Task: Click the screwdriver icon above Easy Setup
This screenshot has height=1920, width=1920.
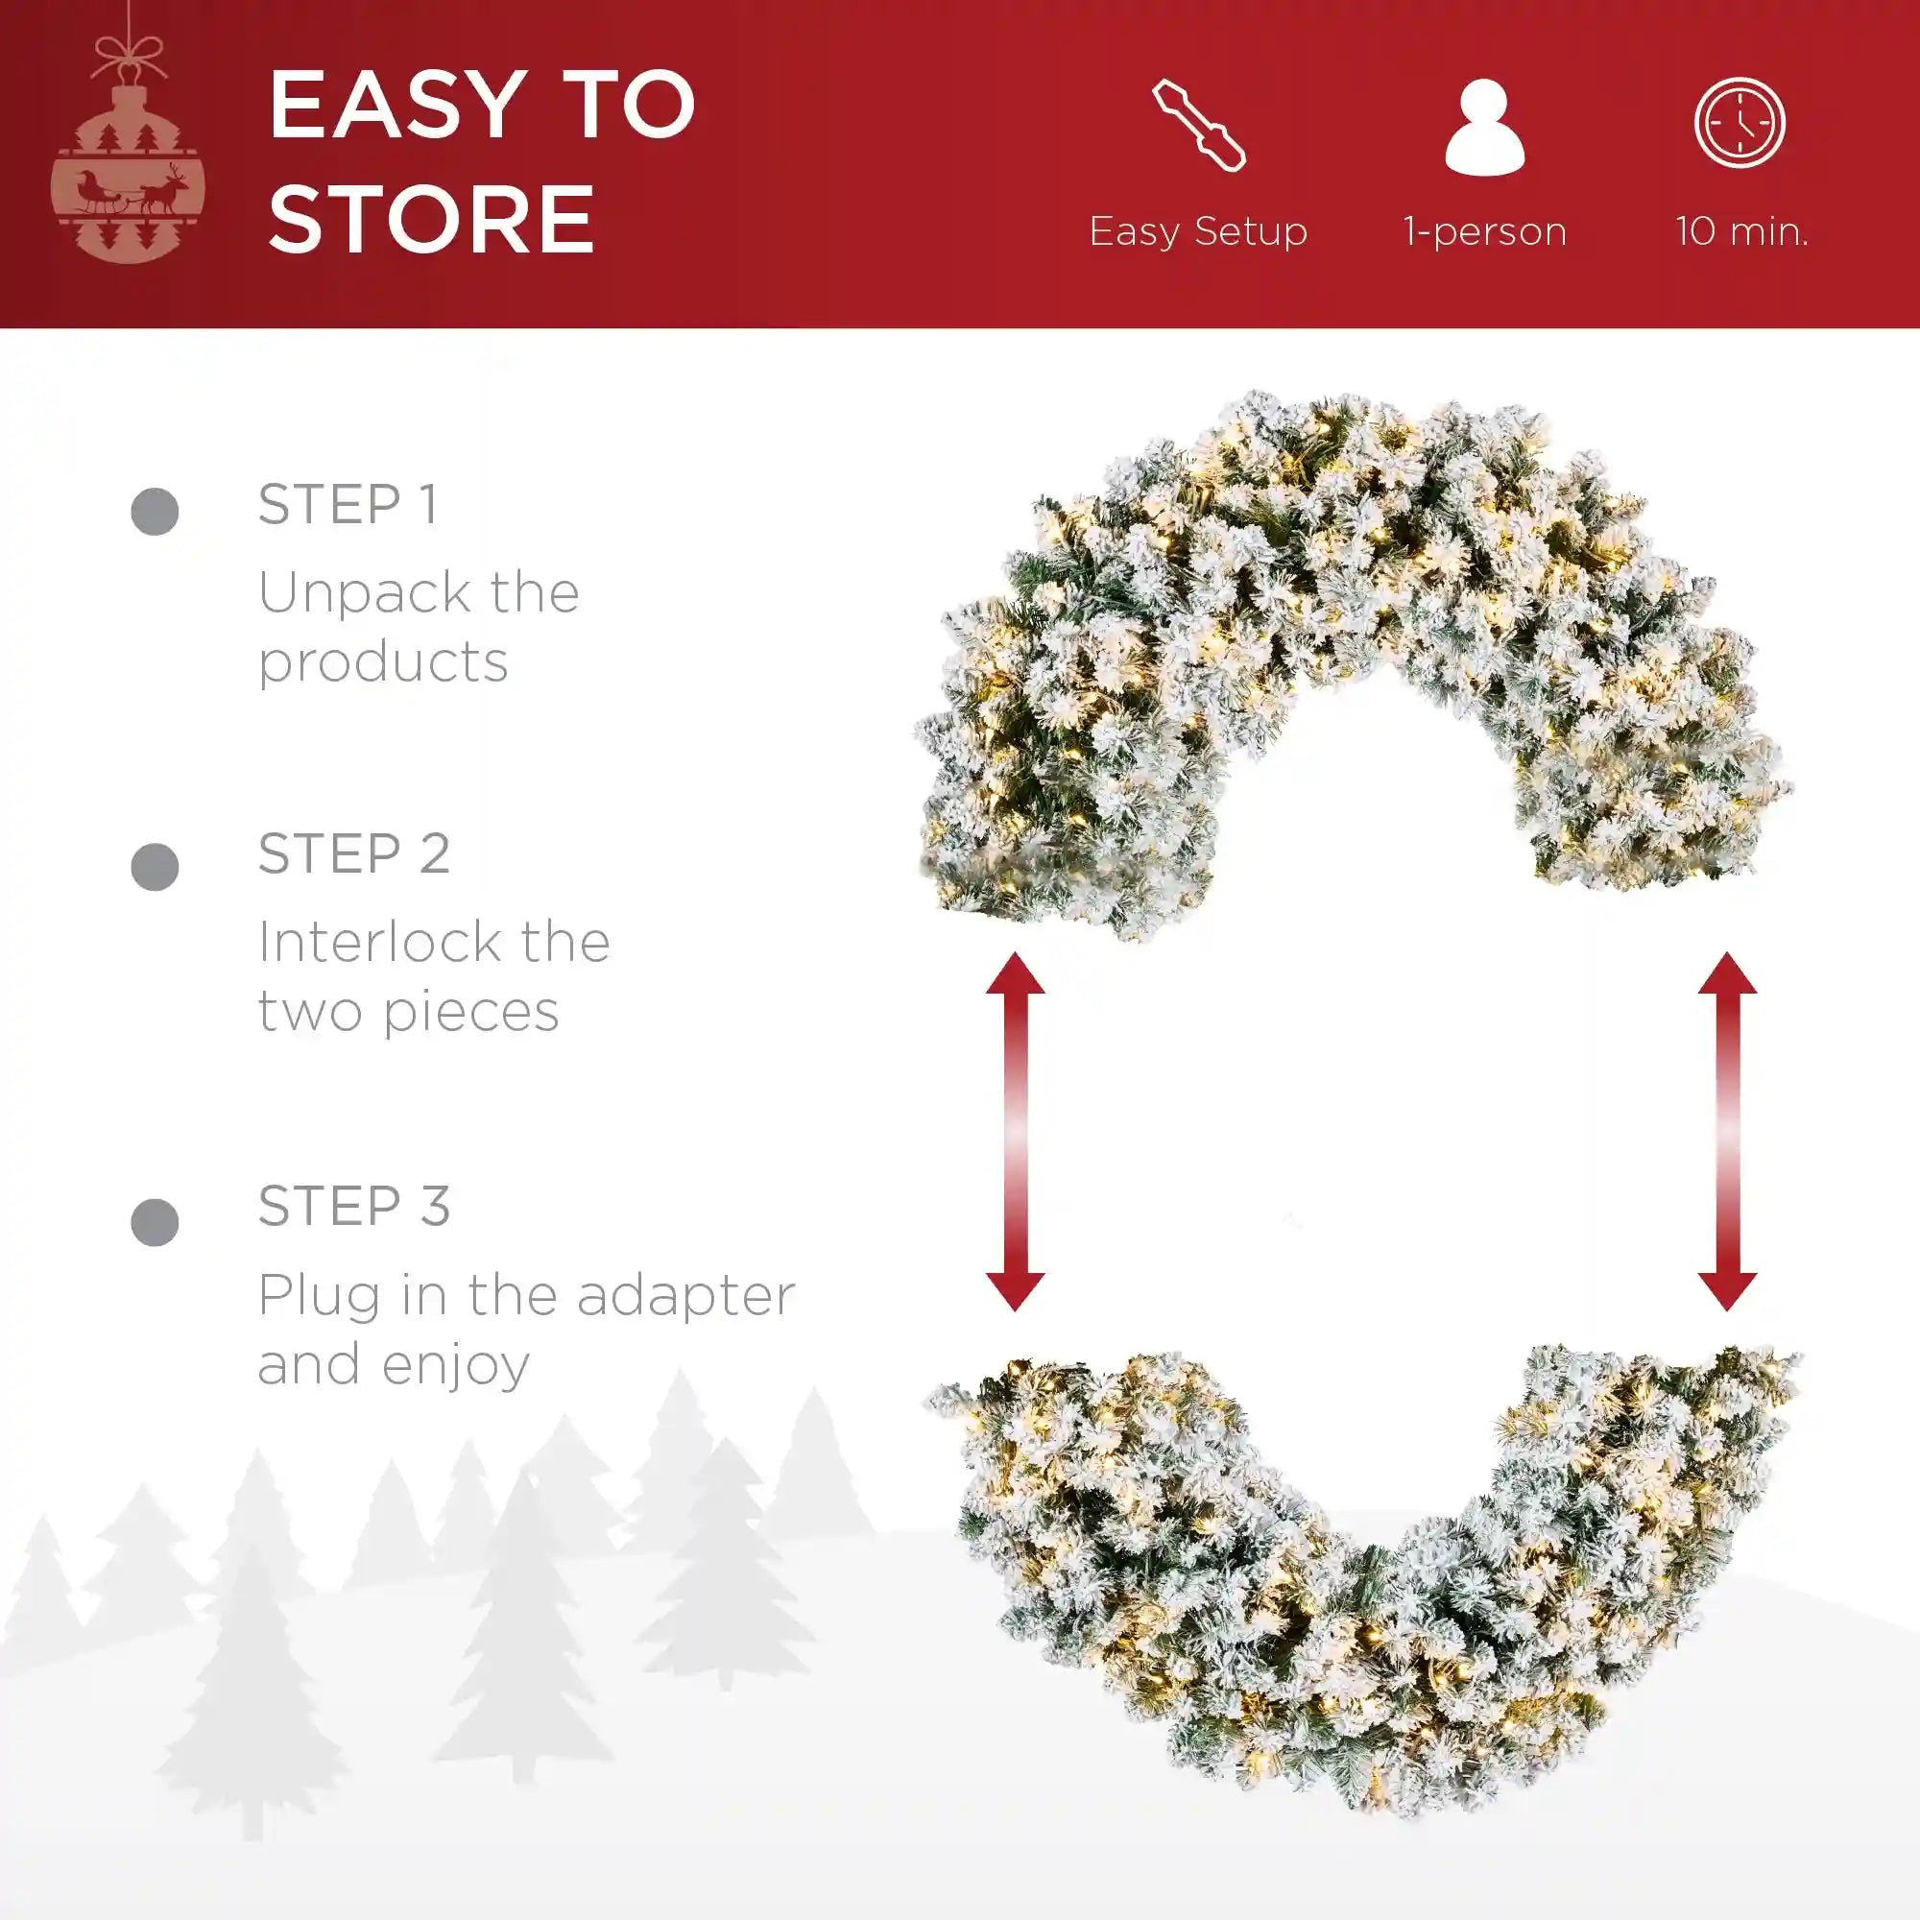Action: (1198, 126)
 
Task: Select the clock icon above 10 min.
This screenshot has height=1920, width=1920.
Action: (1740, 123)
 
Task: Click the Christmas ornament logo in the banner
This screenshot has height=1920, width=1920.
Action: (129, 149)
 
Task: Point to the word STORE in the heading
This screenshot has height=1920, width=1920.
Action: (431, 219)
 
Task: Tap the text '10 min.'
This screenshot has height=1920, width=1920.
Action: (1741, 230)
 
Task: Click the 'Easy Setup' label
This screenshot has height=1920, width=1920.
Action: (1197, 231)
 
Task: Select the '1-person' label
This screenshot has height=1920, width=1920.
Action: (1485, 231)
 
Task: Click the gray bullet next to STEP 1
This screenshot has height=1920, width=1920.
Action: (155, 512)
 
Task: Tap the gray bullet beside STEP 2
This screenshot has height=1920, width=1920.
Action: (155, 867)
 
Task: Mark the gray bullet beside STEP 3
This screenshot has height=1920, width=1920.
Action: (155, 1221)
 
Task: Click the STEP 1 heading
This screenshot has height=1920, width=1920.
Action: (348, 504)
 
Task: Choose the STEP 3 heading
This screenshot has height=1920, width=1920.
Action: (354, 1206)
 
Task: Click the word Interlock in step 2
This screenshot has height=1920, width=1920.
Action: (378, 941)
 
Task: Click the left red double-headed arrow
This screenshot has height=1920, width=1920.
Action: (1015, 1131)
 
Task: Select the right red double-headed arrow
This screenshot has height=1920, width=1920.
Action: (1727, 1131)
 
